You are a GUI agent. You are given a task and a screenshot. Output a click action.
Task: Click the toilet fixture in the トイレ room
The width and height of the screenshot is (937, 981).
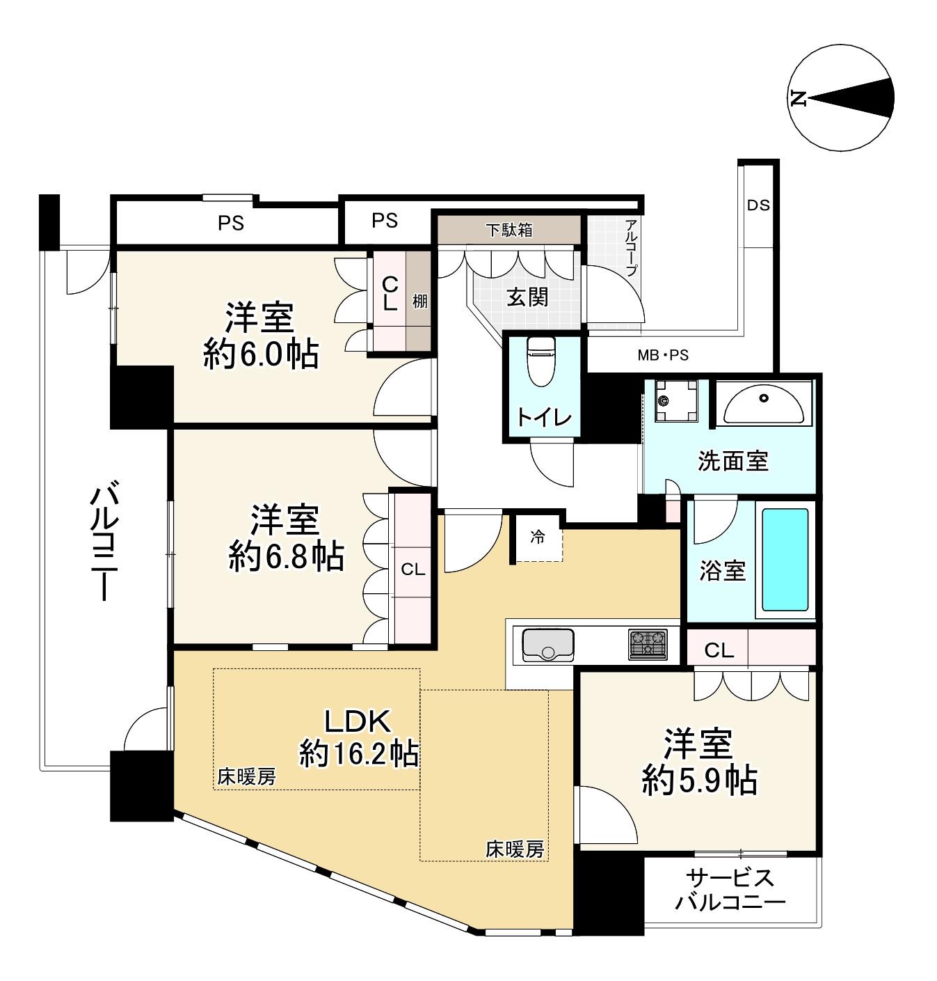[x=540, y=361]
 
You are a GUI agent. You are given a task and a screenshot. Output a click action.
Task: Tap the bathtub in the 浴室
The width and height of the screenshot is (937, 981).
[x=785, y=560]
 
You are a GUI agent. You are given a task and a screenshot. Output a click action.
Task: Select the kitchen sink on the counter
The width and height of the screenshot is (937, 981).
[x=548, y=645]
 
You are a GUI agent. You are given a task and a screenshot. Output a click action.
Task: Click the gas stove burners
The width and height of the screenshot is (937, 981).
[x=648, y=644]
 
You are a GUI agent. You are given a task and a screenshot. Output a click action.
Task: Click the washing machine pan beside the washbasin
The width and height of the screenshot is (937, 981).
[x=676, y=401]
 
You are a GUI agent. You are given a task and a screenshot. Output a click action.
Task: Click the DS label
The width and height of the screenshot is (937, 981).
[x=758, y=205]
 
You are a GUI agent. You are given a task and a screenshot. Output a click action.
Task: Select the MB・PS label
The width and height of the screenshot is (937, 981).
[x=663, y=355]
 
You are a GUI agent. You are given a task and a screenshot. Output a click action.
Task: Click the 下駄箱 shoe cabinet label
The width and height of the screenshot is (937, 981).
[x=508, y=230]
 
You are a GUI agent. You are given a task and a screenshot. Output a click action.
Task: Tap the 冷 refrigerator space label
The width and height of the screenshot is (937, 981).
[x=538, y=537]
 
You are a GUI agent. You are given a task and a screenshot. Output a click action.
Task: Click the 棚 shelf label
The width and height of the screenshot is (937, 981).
[x=419, y=301]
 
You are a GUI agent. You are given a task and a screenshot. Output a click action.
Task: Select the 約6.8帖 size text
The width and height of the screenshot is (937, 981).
[x=286, y=556]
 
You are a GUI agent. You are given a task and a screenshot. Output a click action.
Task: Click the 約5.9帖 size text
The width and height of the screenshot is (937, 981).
[x=699, y=781]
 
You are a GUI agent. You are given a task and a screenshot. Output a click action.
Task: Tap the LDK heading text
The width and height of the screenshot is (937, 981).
[x=357, y=721]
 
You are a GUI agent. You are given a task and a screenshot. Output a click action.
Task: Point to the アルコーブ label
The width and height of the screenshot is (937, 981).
[x=631, y=248]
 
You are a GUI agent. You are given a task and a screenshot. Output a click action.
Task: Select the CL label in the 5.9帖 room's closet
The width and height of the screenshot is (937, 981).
[x=719, y=650]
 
